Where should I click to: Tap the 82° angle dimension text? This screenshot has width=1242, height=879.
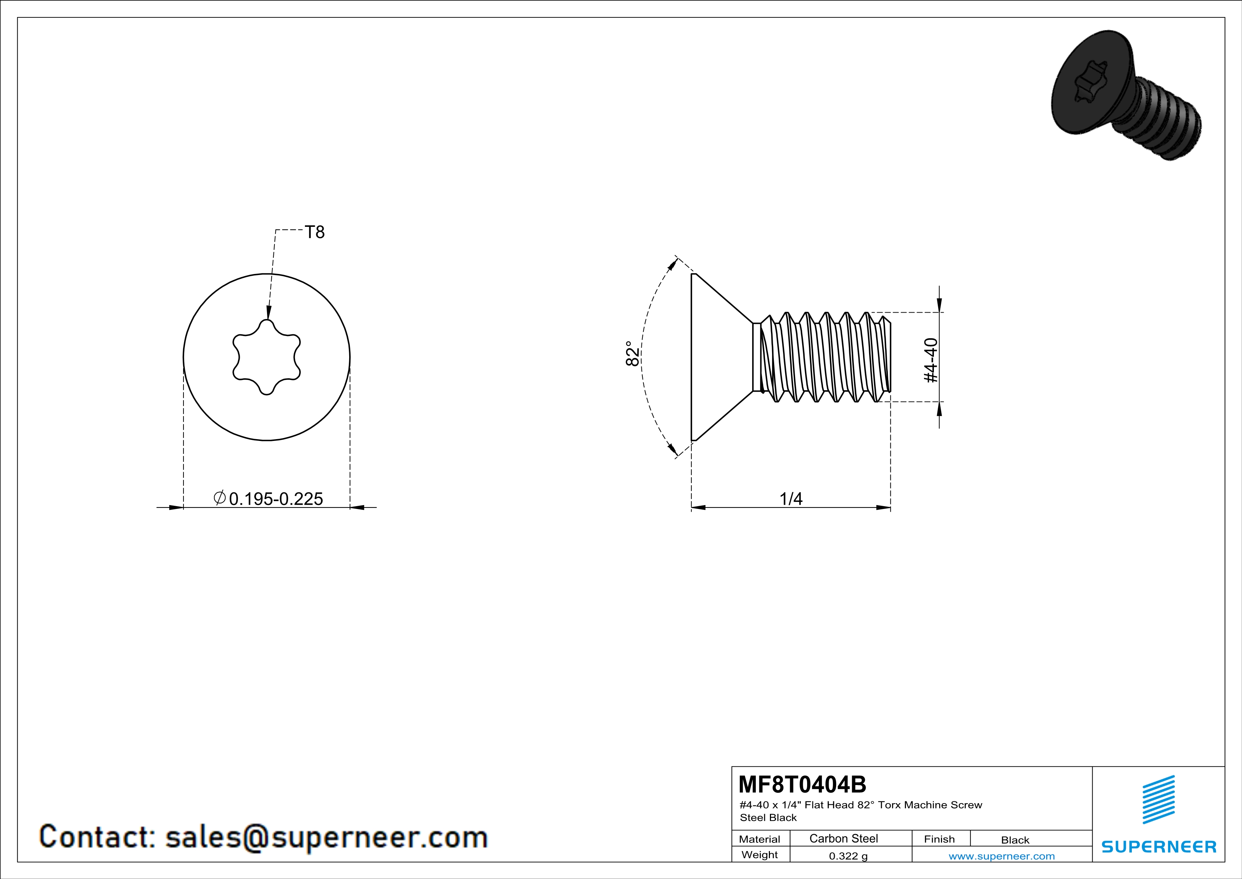click(632, 353)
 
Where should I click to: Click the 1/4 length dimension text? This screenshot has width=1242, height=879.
click(791, 498)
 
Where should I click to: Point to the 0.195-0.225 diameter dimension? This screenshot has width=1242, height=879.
click(276, 498)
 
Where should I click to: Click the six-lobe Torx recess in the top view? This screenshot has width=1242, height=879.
click(267, 357)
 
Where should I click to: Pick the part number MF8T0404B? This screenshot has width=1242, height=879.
click(802, 784)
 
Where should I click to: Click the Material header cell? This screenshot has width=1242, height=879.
click(760, 839)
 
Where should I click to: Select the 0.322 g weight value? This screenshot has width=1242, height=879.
click(848, 856)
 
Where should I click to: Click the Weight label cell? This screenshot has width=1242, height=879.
click(760, 855)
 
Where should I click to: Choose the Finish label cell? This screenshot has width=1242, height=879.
click(939, 839)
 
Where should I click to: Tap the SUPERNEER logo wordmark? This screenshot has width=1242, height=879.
click(1159, 846)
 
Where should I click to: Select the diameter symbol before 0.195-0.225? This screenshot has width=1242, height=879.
click(220, 497)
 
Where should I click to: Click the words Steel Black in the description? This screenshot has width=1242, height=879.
click(768, 818)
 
